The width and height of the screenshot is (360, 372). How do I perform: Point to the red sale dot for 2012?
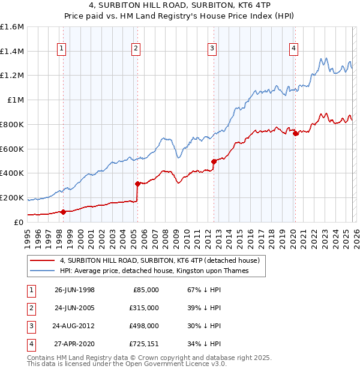tap(214, 161)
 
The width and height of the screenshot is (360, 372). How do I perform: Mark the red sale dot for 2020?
tap(295, 133)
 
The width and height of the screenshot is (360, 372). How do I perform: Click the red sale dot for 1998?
tap(64, 211)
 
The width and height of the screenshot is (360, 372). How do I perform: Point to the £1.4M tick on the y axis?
tap(12, 52)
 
